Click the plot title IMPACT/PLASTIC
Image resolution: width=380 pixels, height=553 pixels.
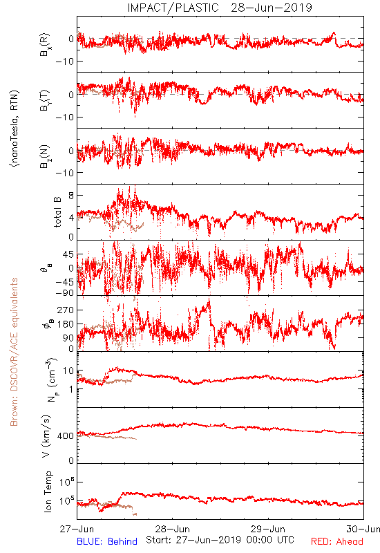[173, 8]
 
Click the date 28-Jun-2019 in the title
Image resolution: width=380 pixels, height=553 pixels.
[272, 8]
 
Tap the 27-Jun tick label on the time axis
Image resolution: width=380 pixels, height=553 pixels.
[77, 529]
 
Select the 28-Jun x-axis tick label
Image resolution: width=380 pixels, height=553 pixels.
[172, 529]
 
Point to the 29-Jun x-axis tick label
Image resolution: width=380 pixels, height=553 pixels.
[268, 529]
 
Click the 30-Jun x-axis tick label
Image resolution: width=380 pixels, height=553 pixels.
[363, 529]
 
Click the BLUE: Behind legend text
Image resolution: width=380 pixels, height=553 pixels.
[107, 541]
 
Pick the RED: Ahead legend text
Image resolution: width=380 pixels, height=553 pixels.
[336, 541]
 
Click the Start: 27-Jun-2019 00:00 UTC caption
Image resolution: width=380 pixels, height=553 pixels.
[220, 540]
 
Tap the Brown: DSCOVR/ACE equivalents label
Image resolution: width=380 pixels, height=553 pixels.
[14, 352]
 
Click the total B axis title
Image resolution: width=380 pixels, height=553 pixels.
[57, 212]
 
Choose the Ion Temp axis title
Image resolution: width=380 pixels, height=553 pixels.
[48, 491]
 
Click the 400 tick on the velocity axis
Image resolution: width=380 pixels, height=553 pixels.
[66, 436]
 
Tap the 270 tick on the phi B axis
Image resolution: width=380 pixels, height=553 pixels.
[66, 310]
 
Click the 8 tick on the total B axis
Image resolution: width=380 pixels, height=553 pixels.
[71, 196]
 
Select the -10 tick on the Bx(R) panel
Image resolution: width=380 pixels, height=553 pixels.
[64, 62]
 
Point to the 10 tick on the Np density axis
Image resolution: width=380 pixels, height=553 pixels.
[68, 371]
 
